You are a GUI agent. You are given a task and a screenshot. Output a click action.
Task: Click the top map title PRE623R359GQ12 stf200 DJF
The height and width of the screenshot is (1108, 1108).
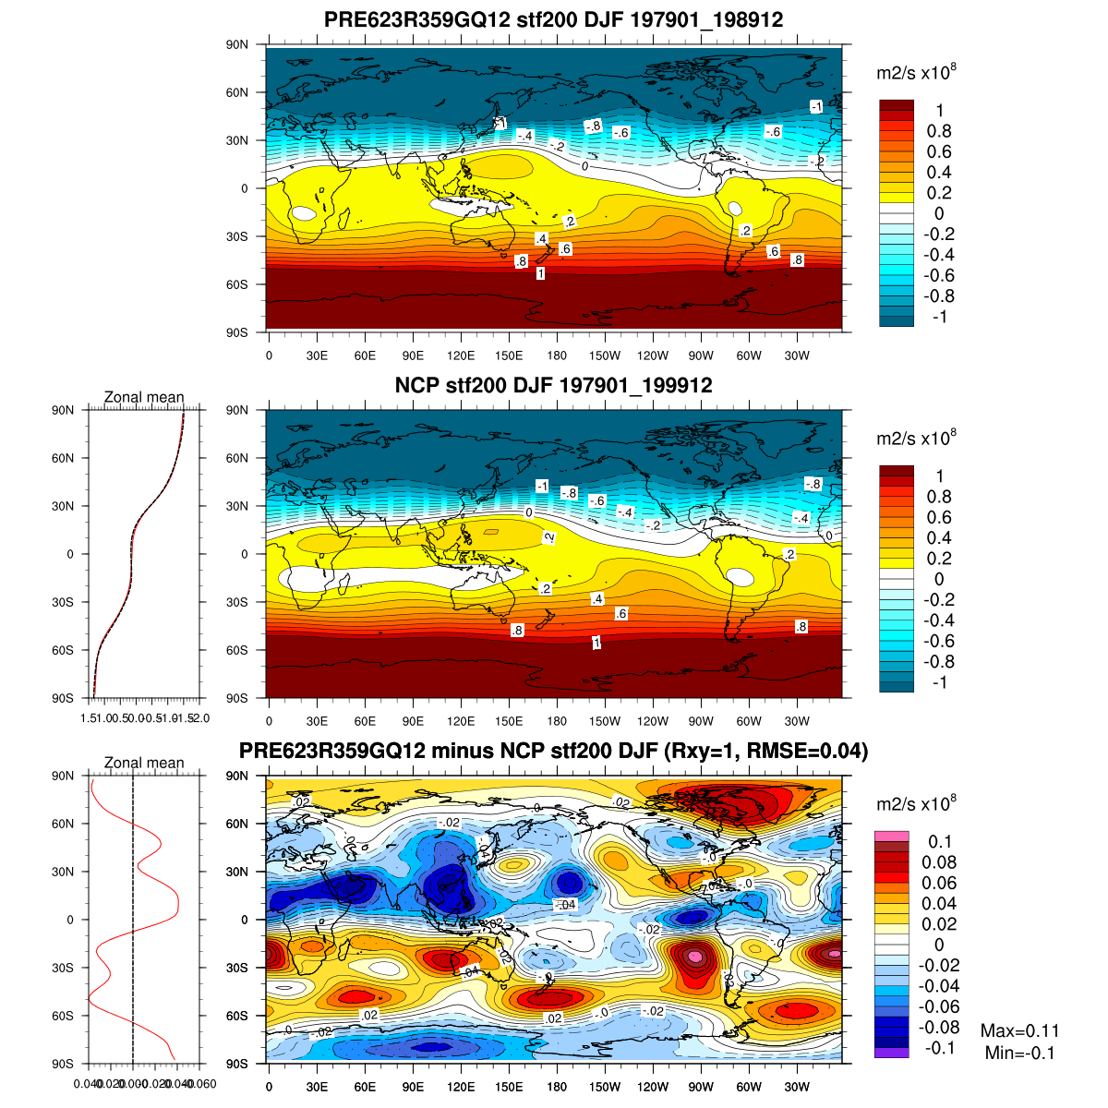pos(553,20)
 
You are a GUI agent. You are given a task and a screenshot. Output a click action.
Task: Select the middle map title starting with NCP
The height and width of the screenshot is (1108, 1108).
pos(553,386)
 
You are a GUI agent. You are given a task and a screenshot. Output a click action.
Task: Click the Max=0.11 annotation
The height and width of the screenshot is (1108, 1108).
pos(1019,1031)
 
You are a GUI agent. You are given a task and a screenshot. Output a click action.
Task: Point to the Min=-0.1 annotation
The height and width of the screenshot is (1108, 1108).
pos(1019,1054)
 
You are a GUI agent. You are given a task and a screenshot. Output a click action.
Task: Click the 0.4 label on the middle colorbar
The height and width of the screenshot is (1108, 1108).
pos(939,537)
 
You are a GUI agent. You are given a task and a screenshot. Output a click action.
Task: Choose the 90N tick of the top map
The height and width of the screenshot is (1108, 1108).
pos(238,44)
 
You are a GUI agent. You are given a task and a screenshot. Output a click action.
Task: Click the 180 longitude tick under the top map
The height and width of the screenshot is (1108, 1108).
pos(557,355)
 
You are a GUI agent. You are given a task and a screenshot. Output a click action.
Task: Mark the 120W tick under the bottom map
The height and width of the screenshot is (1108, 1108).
pos(653,1087)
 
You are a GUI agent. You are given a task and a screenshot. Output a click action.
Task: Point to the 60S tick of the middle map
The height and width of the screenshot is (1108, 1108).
pos(238,650)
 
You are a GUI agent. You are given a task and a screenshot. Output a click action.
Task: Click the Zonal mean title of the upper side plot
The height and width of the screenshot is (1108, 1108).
pos(144,397)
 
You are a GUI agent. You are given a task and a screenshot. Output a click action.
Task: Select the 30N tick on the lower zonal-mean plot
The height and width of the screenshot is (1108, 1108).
pos(63,872)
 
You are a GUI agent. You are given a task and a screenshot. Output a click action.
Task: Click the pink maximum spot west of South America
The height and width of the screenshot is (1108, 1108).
pos(694,957)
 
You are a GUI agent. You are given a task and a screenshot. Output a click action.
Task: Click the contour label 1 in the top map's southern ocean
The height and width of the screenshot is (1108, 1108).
pos(540,274)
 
